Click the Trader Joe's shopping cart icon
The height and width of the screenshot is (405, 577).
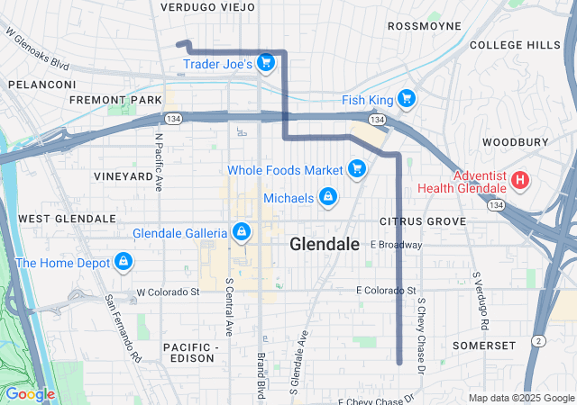(265, 62)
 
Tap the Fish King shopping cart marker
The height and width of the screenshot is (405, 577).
(406, 98)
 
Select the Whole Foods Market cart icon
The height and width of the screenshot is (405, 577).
(357, 168)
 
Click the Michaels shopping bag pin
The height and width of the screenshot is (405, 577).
(327, 197)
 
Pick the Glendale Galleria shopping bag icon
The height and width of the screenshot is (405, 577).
(241, 233)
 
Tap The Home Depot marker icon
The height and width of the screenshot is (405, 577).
(123, 263)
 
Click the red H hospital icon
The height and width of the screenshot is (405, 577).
(519, 181)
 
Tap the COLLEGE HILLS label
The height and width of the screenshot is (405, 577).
(515, 45)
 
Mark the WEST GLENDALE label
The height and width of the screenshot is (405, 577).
(67, 219)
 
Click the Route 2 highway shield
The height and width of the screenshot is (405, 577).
(537, 340)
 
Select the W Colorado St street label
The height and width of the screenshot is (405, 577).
(168, 292)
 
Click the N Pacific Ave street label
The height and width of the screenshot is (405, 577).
(159, 163)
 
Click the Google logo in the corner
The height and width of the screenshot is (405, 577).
(30, 394)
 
